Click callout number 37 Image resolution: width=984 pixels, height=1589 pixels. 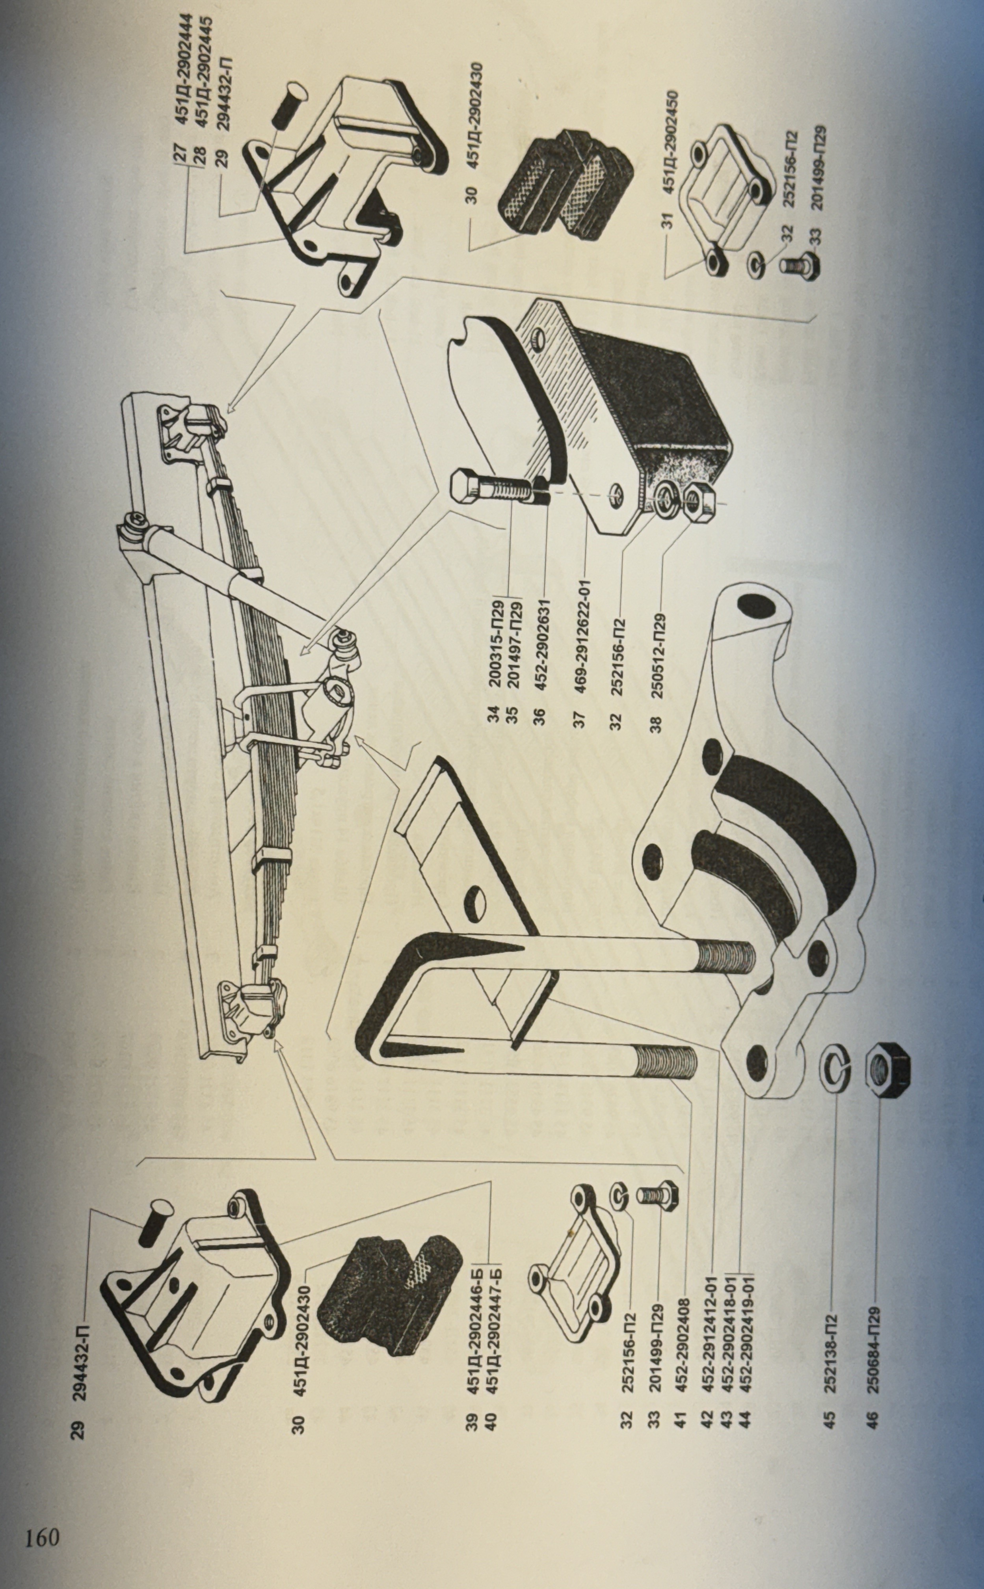point(581,719)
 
